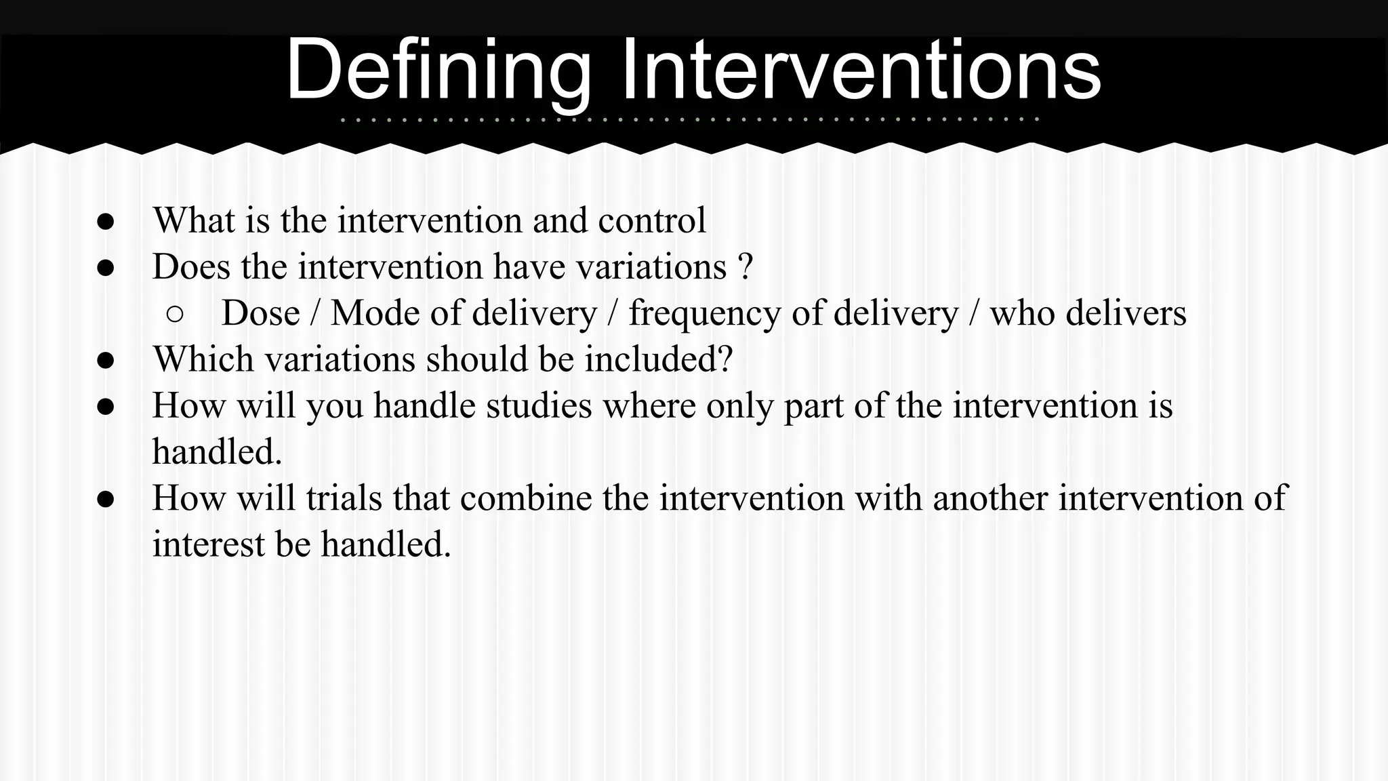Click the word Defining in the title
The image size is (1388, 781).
(x=438, y=71)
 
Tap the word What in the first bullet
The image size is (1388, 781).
(x=194, y=220)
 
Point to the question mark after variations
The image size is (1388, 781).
(x=746, y=266)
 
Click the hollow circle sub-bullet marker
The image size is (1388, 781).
(x=175, y=314)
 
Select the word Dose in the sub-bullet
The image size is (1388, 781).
(x=260, y=313)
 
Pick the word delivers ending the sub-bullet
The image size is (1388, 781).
(x=1126, y=313)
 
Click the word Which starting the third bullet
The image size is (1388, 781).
(x=203, y=359)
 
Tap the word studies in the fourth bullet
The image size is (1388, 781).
(x=539, y=405)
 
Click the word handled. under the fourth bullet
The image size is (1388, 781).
(x=217, y=452)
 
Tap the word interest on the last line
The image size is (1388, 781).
(x=208, y=544)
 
